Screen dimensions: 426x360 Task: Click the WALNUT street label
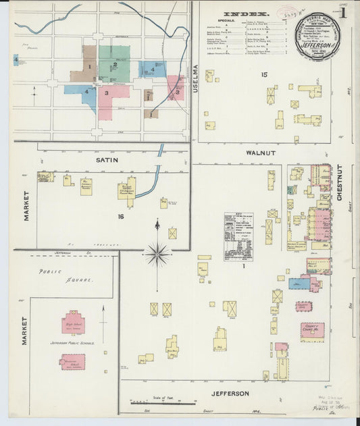click(260, 153)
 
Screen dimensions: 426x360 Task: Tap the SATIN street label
click(107, 160)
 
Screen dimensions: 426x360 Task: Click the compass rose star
click(157, 254)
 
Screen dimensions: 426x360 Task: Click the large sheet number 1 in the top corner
click(343, 11)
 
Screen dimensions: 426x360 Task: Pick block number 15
click(265, 74)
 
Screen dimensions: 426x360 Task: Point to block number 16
click(121, 216)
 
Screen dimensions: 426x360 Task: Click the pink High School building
click(73, 323)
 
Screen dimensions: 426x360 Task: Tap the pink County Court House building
click(311, 330)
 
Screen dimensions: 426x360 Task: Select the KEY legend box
click(238, 236)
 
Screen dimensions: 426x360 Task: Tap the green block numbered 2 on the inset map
click(114, 63)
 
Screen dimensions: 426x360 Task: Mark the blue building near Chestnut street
click(299, 284)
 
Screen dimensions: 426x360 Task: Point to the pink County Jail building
click(303, 306)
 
